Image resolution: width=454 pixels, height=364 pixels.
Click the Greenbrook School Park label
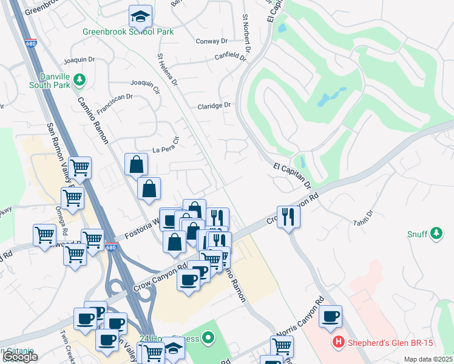129,31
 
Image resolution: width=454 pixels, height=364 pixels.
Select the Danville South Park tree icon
79,79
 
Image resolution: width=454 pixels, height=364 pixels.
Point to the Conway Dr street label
212,41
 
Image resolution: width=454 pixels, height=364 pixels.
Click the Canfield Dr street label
230,57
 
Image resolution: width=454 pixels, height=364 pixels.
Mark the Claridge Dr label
214,106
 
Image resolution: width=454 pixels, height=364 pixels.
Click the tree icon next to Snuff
436,233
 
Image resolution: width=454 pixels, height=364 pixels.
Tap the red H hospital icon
338,343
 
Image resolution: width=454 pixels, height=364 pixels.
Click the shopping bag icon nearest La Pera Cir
137,164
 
